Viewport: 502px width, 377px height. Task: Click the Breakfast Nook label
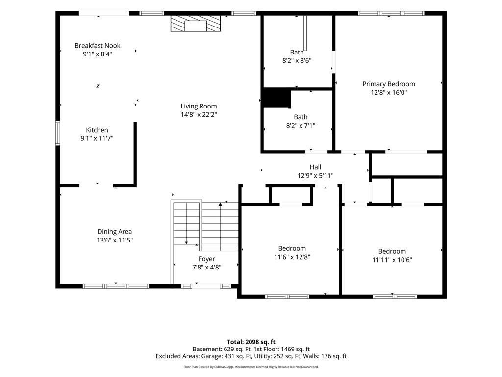click(98, 46)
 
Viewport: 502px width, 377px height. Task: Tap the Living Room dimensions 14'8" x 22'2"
click(199, 114)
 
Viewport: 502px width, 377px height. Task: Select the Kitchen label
click(97, 130)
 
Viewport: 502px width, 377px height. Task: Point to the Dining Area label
click(115, 232)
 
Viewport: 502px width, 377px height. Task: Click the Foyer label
click(206, 259)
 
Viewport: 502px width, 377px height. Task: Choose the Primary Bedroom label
click(389, 84)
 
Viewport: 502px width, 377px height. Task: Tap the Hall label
click(315, 167)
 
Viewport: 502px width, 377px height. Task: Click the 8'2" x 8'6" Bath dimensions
click(297, 60)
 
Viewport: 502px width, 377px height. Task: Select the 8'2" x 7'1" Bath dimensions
click(301, 126)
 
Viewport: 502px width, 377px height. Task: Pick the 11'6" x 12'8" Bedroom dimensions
click(292, 257)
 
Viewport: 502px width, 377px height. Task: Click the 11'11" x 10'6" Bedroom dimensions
click(392, 260)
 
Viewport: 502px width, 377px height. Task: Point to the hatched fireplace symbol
click(196, 24)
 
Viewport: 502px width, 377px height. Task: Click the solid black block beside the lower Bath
click(276, 98)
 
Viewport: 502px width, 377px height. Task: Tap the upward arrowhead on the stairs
click(220, 204)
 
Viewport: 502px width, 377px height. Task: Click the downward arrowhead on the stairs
click(186, 242)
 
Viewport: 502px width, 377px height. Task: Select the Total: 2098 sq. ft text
click(251, 342)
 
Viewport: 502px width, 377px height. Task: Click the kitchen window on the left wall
click(58, 133)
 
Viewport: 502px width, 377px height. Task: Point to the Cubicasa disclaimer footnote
click(251, 367)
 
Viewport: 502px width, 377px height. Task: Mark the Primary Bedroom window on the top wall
click(391, 13)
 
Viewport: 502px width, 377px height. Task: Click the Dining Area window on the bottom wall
click(116, 286)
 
